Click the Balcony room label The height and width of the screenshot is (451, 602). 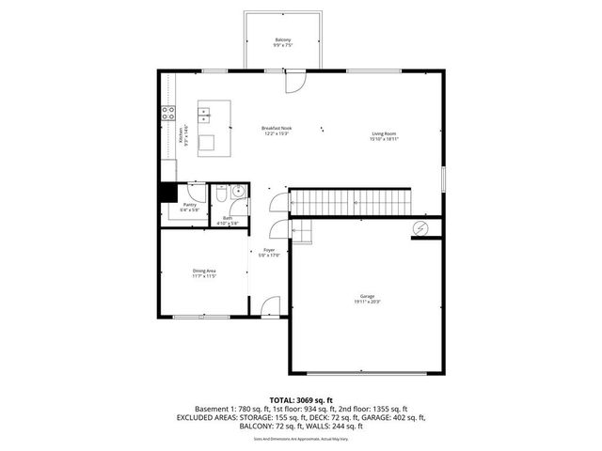click(282, 42)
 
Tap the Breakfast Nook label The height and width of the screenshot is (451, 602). click(275, 130)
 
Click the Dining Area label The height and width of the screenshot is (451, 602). click(204, 273)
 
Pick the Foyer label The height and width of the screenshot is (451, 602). click(269, 252)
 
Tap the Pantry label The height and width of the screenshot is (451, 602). click(189, 207)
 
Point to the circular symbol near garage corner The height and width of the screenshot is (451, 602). click(420, 228)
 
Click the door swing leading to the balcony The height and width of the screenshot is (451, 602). click(294, 83)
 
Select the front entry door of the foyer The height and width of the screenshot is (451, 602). click(270, 307)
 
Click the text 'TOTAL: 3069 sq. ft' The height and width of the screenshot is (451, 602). click(301, 399)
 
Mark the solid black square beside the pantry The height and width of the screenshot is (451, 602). click(166, 192)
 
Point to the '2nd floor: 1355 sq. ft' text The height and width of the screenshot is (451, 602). click(373, 409)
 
